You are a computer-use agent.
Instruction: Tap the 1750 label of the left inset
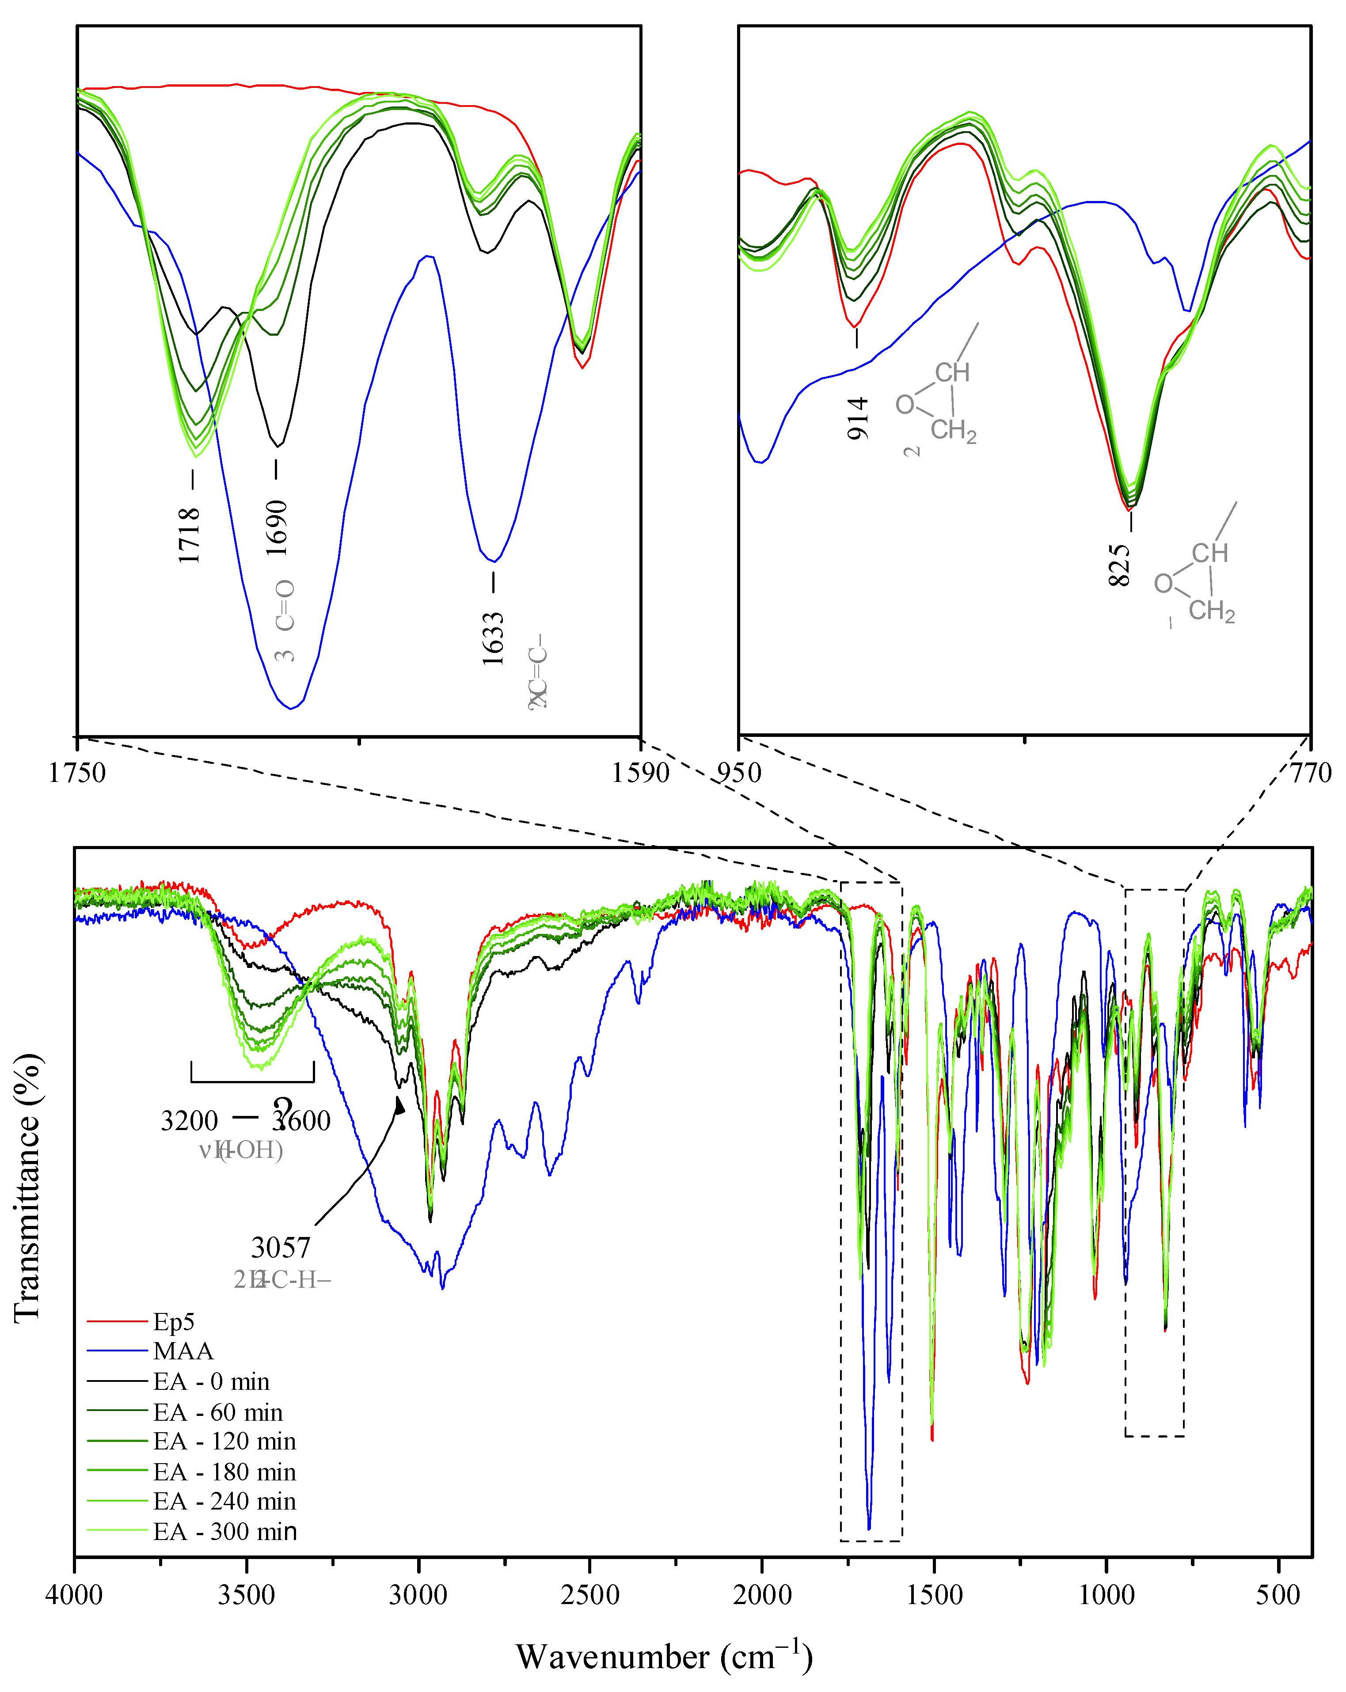(x=77, y=773)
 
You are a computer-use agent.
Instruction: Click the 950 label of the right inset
(x=739, y=773)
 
